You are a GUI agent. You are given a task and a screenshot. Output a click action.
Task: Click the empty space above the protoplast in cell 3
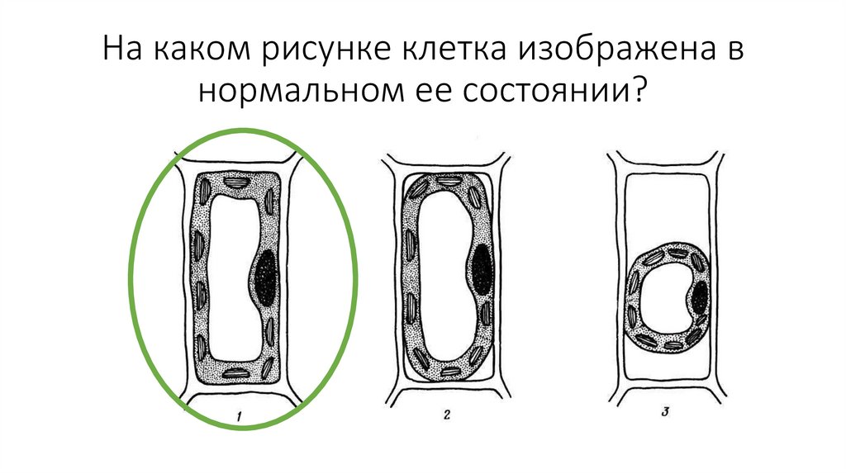click(669, 206)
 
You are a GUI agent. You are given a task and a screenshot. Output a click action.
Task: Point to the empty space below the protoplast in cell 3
click(669, 372)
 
